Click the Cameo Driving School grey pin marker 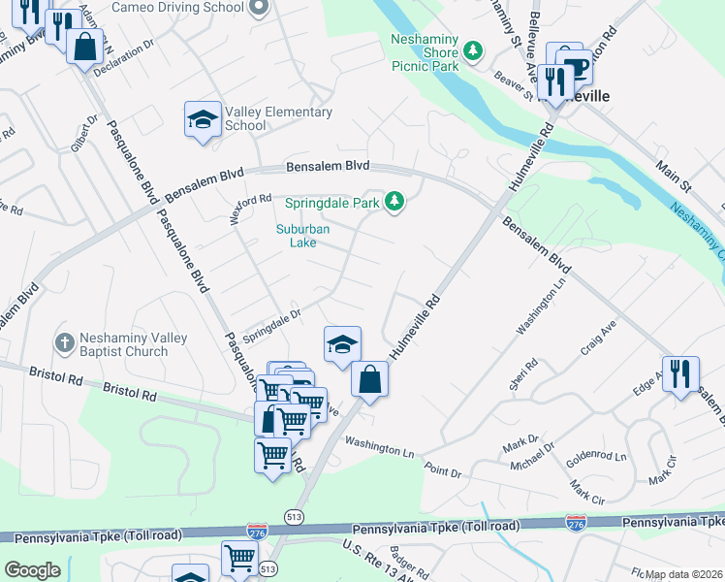258,8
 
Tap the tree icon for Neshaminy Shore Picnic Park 473,49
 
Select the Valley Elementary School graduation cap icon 203,120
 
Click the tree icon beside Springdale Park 394,202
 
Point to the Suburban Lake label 303,236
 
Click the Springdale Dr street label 272,319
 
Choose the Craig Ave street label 598,342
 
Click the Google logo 32,570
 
